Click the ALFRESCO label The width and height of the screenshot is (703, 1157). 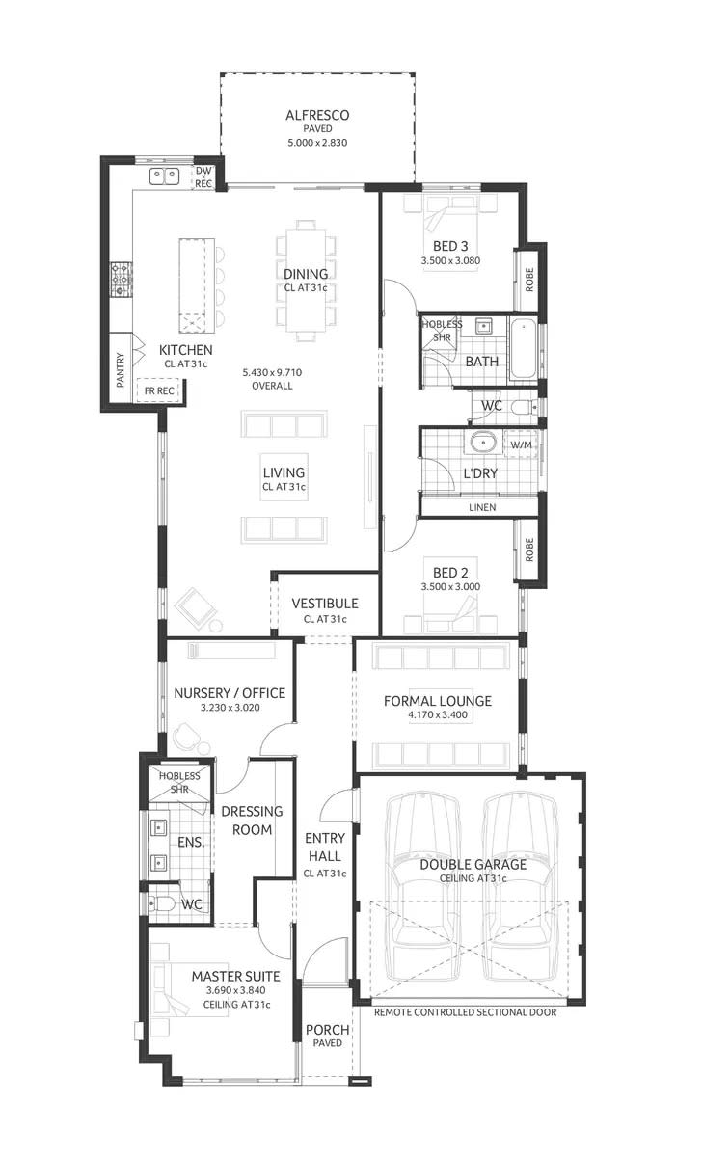pyautogui.click(x=316, y=116)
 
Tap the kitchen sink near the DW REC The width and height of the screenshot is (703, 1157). pyautogui.click(x=164, y=175)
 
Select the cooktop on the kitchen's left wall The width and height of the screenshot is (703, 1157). pyautogui.click(x=121, y=279)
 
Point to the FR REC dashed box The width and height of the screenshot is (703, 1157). pyautogui.click(x=159, y=390)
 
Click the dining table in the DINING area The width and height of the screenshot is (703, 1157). pyautogui.click(x=306, y=280)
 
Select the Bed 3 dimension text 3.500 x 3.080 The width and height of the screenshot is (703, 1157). pyautogui.click(x=450, y=260)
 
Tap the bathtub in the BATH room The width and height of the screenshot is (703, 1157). pyautogui.click(x=525, y=347)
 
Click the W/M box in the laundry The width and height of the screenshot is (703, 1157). pyautogui.click(x=520, y=444)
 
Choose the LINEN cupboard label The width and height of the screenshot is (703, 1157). pyautogui.click(x=482, y=506)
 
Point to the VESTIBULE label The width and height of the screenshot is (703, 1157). pyautogui.click(x=325, y=604)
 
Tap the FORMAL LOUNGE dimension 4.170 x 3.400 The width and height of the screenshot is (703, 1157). pyautogui.click(x=438, y=715)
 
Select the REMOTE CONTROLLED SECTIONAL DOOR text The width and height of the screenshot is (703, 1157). pyautogui.click(x=465, y=1012)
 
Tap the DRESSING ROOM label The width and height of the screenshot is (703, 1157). pyautogui.click(x=252, y=821)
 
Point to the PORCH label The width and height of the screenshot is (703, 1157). pyautogui.click(x=327, y=1030)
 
